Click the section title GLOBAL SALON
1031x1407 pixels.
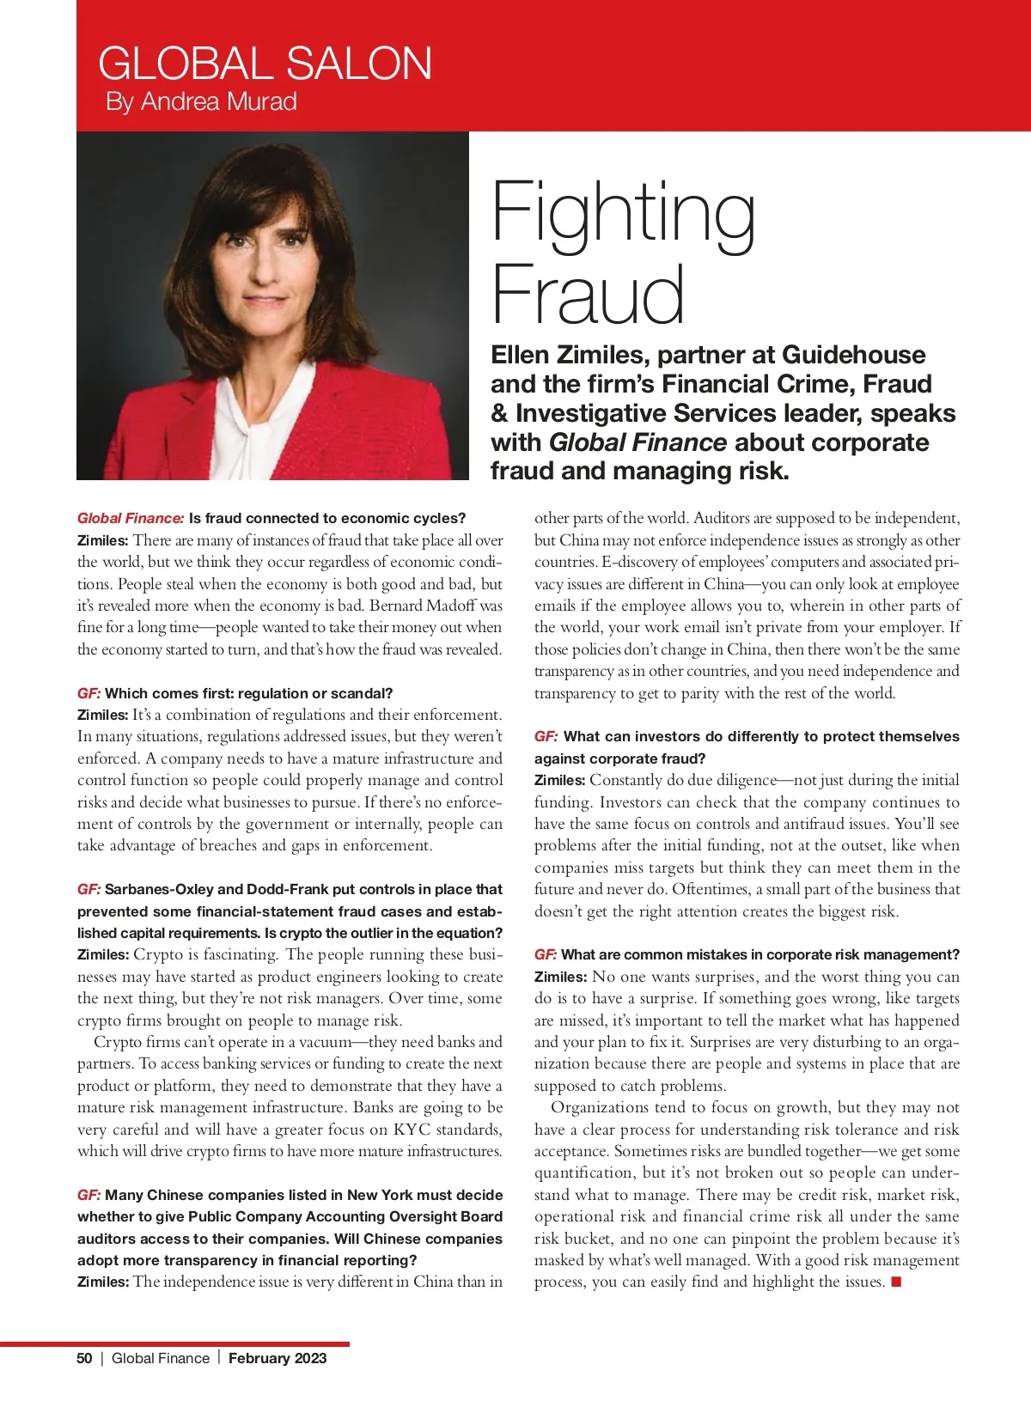coord(265,64)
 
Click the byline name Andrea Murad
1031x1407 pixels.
coord(218,102)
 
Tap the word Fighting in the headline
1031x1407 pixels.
coord(623,213)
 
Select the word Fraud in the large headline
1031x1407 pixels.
coord(588,294)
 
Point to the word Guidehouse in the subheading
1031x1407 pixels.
coord(853,355)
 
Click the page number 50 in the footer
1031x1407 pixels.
coord(84,1358)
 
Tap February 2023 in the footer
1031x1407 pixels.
coord(278,1358)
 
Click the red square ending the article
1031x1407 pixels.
coord(896,1282)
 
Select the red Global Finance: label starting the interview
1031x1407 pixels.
coord(131,518)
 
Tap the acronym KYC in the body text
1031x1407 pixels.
coord(412,1130)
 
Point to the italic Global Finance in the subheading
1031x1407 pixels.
coord(638,442)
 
